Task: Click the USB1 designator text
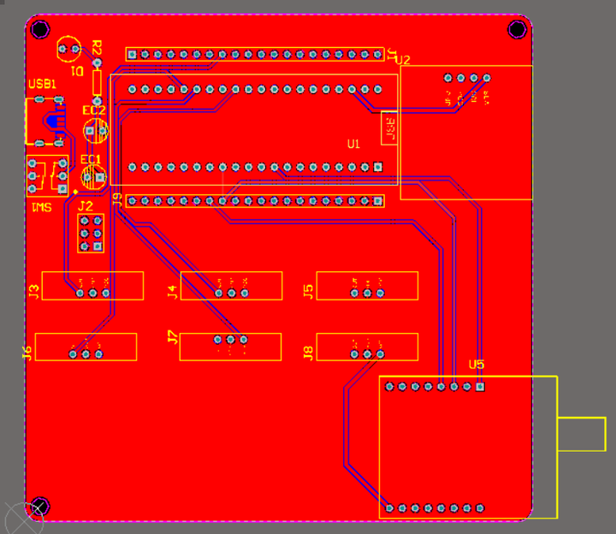42,85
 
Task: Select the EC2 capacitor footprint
95,131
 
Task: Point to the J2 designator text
85,206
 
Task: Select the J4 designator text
172,292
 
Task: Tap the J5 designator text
308,292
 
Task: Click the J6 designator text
27,350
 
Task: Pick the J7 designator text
172,338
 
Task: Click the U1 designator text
353,144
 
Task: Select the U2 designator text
403,60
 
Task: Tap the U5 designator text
477,365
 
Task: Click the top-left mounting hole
39,29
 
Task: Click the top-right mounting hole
517,30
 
